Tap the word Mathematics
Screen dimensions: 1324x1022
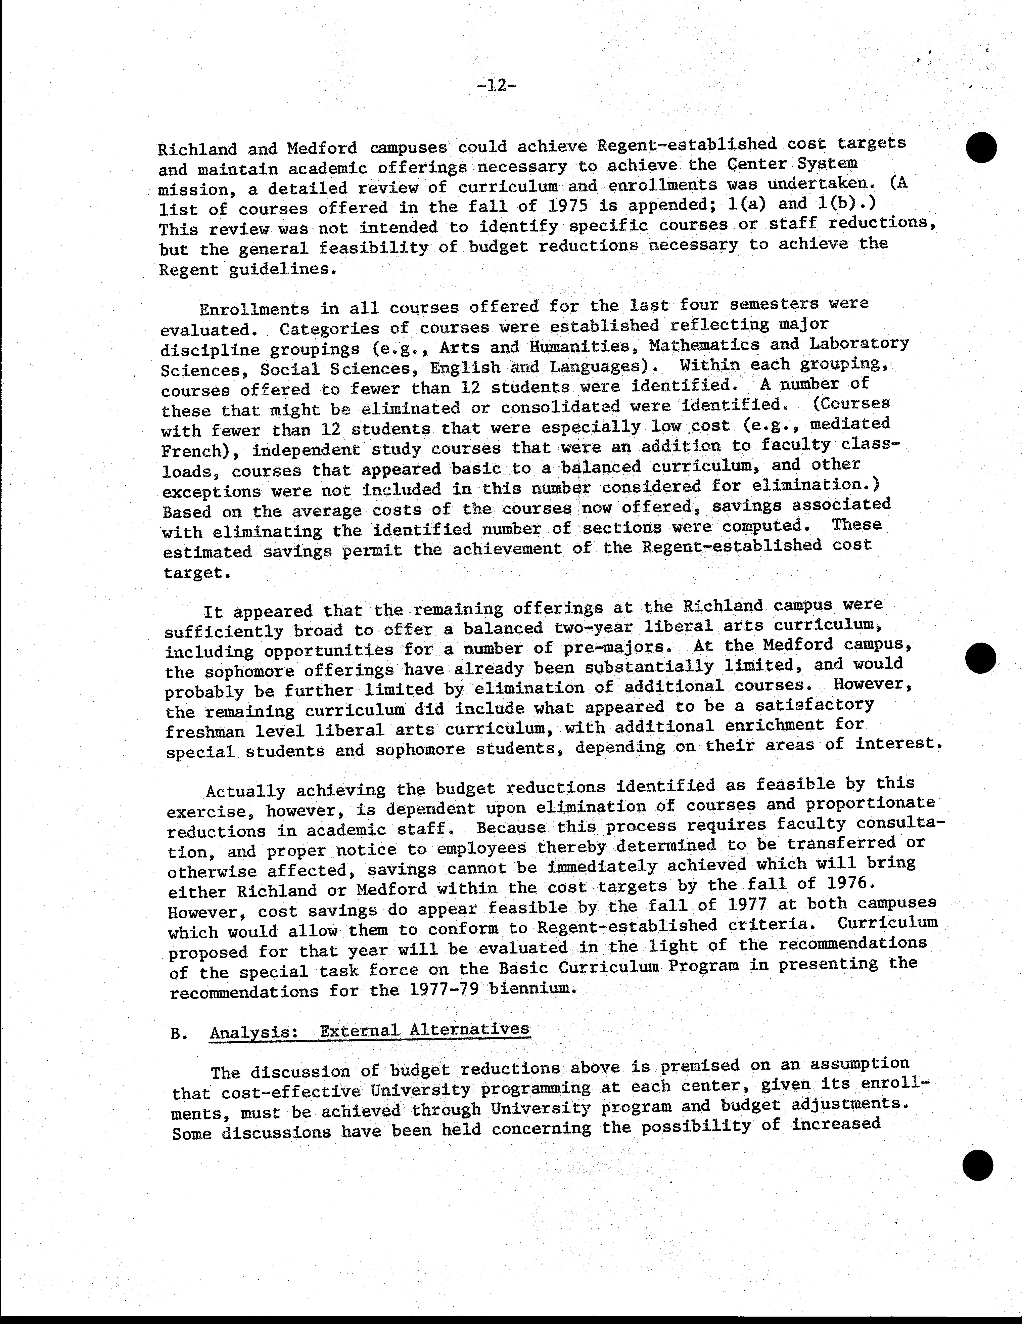703,345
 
